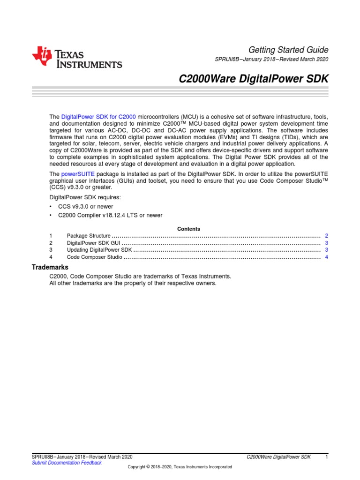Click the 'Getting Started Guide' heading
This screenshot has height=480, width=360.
pos(288,50)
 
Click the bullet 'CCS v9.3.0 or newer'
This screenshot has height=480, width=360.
pos(86,206)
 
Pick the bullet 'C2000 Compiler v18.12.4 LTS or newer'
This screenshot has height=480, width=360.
pos(110,215)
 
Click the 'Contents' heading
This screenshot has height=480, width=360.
pos(188,229)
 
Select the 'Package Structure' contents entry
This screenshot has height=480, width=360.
pos(89,236)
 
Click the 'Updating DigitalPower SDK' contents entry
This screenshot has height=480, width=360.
pos(99,250)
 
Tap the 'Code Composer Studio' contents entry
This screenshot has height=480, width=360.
pos(94,257)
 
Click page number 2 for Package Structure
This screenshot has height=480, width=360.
pos(326,236)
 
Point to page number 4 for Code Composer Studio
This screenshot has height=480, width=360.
pos(326,257)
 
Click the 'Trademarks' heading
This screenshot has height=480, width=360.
pos(50,267)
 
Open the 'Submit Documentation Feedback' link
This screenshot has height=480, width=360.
pos(66,463)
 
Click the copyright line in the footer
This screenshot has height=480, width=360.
pos(180,467)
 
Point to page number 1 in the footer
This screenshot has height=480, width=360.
pos(326,457)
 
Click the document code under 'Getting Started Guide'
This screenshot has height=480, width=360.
pos(270,60)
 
